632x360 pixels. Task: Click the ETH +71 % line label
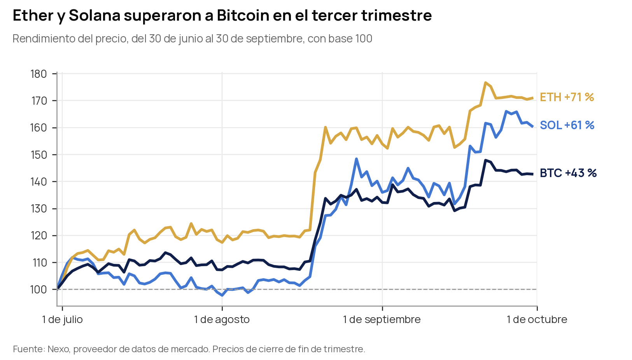coord(567,97)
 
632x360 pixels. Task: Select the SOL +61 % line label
coord(567,125)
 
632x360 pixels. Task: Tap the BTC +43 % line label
coord(568,173)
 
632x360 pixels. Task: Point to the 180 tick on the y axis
coord(39,74)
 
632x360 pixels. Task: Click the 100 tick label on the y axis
coord(39,290)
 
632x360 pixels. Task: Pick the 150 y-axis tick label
coord(39,155)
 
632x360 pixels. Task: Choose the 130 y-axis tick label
coord(39,209)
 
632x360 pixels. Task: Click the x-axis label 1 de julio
coord(62,320)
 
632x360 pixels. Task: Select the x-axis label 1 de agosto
coord(222,320)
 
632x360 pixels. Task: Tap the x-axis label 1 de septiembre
coord(382,320)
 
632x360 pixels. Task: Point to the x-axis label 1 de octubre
coord(537,320)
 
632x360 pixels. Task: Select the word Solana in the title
coord(95,15)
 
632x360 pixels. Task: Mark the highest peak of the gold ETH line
coord(485,83)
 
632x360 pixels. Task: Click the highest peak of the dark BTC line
coord(485,160)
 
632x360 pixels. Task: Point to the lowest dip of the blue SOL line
coord(222,295)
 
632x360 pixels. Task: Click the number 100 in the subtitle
coord(364,39)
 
